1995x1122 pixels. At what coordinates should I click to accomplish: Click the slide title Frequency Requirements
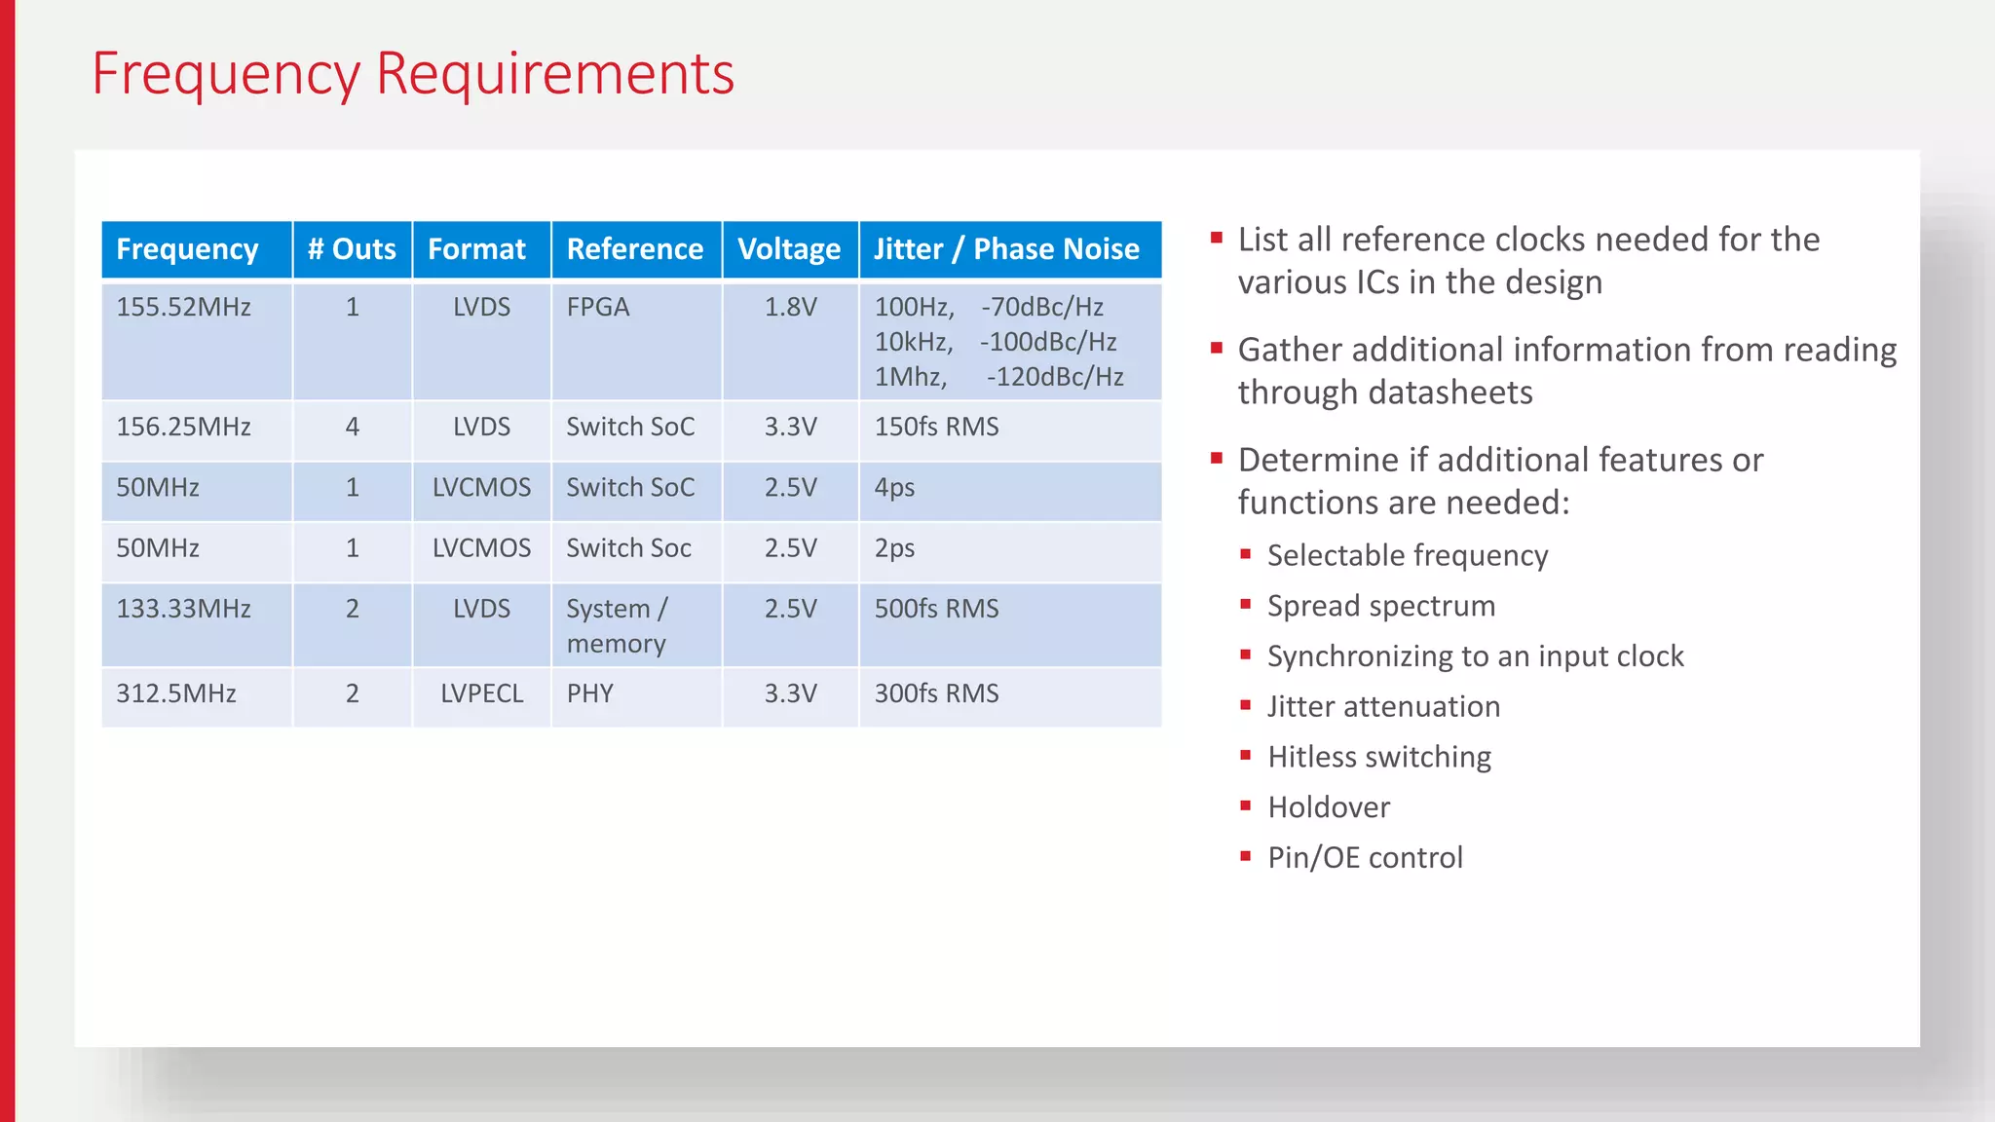click(x=412, y=74)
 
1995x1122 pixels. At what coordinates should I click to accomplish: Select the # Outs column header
click(x=352, y=249)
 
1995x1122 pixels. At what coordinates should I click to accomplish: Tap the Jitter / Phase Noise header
click(x=1006, y=249)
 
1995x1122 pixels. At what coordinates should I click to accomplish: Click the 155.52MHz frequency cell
click(x=184, y=308)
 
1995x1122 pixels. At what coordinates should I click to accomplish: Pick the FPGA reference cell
click(x=598, y=308)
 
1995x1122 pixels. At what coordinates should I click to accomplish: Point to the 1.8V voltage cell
click(x=790, y=308)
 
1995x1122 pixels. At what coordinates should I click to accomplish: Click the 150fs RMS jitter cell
click(x=936, y=427)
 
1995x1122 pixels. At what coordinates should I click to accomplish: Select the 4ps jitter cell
click(x=894, y=487)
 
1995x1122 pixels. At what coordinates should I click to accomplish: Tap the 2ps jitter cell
click(x=894, y=548)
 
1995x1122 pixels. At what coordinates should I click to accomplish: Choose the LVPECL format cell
click(x=481, y=693)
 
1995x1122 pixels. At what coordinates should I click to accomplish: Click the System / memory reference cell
click(x=617, y=625)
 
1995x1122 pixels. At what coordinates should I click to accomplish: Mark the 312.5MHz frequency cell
click(x=176, y=693)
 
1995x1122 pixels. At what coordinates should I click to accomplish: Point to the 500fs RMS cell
click(x=936, y=609)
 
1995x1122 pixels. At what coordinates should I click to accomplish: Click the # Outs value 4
click(x=352, y=427)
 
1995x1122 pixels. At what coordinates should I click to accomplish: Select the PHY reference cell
click(x=590, y=693)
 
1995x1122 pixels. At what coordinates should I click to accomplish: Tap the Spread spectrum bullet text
click(x=1380, y=606)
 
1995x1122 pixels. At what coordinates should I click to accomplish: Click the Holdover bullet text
click(x=1329, y=807)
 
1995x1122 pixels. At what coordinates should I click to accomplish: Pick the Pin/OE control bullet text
click(x=1365, y=858)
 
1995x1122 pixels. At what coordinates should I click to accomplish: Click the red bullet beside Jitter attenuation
click(x=1245, y=705)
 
